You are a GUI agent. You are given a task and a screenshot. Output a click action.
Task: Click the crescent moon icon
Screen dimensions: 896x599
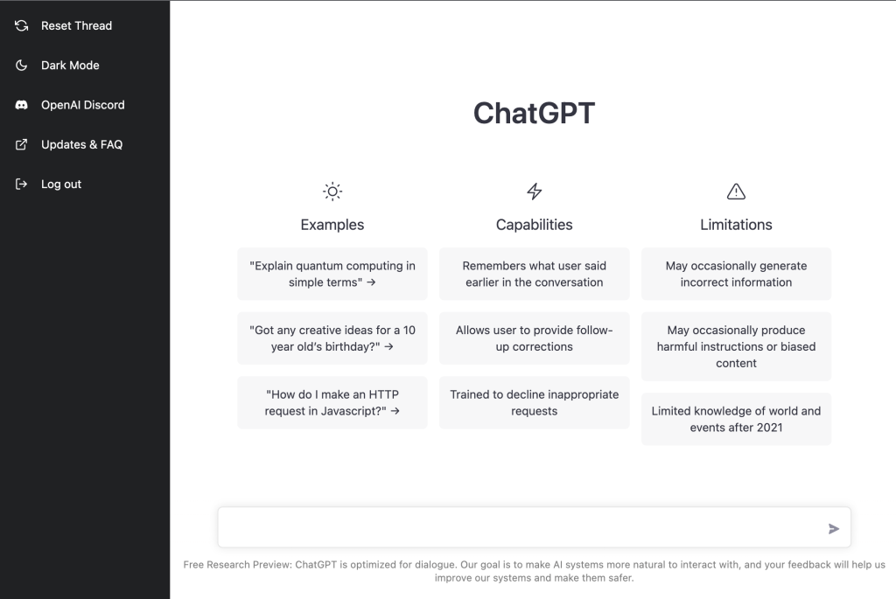(21, 65)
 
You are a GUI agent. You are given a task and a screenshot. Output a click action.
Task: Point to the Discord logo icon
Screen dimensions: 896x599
(21, 105)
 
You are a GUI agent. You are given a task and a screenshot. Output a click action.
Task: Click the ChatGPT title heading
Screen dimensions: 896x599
(534, 113)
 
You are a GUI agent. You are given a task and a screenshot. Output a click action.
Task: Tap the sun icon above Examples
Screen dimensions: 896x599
(332, 192)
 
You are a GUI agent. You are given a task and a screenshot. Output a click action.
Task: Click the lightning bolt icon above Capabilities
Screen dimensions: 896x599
(535, 192)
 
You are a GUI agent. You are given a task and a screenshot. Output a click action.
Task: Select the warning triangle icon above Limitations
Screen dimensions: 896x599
(736, 192)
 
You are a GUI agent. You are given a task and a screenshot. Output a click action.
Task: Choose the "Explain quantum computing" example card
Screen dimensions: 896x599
(332, 274)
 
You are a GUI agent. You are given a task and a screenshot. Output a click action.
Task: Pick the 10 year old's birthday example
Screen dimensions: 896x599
(332, 338)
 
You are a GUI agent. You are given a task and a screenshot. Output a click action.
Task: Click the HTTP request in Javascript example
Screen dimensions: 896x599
(332, 402)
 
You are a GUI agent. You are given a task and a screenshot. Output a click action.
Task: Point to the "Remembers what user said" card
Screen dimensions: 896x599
(535, 274)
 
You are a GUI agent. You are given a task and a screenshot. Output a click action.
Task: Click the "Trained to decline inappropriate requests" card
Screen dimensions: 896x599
(535, 402)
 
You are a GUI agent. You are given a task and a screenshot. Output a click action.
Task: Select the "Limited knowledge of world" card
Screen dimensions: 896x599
(736, 419)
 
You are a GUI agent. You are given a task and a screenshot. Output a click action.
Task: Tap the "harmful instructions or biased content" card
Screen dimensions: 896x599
(736, 346)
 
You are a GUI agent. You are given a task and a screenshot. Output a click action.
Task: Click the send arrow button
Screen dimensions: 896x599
(834, 529)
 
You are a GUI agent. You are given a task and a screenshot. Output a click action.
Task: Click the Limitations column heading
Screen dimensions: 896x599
(736, 225)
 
